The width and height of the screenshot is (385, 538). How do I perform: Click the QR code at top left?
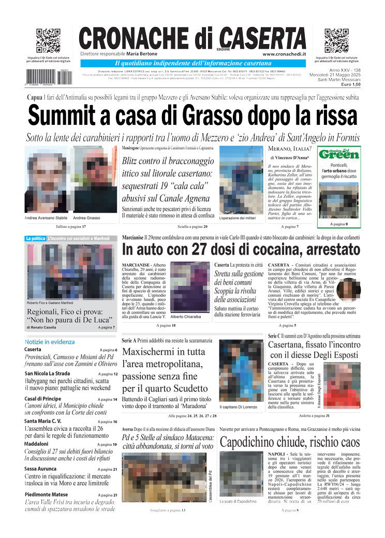[x=48, y=41]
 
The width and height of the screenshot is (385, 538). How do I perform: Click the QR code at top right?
[x=336, y=41]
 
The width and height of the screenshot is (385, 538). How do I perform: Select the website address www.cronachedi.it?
[x=284, y=54]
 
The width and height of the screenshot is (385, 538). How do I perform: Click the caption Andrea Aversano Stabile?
[x=46, y=218]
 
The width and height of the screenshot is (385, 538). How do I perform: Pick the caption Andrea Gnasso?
[x=87, y=218]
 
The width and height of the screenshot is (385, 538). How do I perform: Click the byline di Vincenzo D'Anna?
[x=290, y=157]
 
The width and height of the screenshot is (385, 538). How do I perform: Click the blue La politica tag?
[x=35, y=239]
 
